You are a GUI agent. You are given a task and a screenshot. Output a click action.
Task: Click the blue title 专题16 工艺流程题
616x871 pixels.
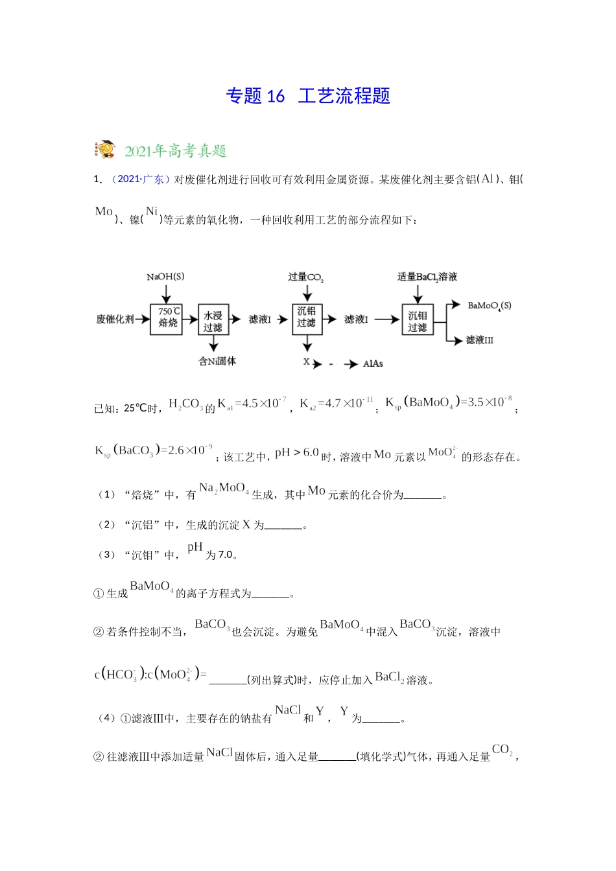pyautogui.click(x=308, y=96)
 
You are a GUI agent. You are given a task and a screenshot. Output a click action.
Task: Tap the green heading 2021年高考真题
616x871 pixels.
pyautogui.click(x=175, y=151)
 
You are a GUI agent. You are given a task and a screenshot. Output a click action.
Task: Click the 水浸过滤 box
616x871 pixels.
pyautogui.click(x=213, y=321)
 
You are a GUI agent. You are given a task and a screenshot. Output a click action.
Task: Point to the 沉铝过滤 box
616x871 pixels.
pyautogui.click(x=307, y=318)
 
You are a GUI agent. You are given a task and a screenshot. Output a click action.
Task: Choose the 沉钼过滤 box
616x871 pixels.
pyautogui.click(x=417, y=321)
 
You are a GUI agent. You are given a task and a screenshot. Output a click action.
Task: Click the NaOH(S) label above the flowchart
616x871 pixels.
pyautogui.click(x=165, y=277)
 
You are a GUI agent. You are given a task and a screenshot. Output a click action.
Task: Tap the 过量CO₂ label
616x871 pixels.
pyautogui.click(x=306, y=277)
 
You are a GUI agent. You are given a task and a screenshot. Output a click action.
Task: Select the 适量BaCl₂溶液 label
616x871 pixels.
pyautogui.click(x=427, y=277)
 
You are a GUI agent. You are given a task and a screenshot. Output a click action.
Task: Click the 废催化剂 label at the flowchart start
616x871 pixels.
pyautogui.click(x=115, y=319)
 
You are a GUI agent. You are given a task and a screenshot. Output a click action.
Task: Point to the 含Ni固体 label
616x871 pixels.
pyautogui.click(x=217, y=361)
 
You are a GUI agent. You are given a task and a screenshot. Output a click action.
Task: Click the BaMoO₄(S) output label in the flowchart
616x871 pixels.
pyautogui.click(x=490, y=305)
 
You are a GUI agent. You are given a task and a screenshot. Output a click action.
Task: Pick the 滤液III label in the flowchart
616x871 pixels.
pyautogui.click(x=480, y=340)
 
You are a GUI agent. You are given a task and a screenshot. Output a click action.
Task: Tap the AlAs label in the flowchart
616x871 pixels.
pyautogui.click(x=373, y=364)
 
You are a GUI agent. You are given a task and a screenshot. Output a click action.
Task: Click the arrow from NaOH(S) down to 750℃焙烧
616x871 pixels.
pyautogui.click(x=166, y=295)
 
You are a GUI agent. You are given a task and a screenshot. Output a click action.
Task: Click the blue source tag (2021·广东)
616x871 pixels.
pyautogui.click(x=141, y=179)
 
